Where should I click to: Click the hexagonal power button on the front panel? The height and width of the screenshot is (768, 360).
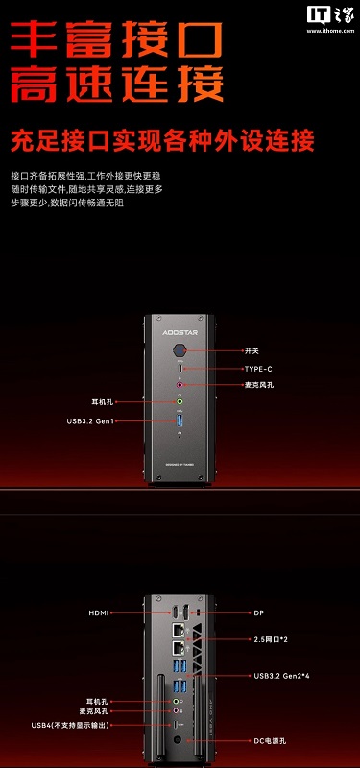180,352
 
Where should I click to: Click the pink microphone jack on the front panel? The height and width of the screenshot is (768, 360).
180,385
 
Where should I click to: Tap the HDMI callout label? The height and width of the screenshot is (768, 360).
100,611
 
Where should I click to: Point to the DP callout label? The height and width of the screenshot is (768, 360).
258,611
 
